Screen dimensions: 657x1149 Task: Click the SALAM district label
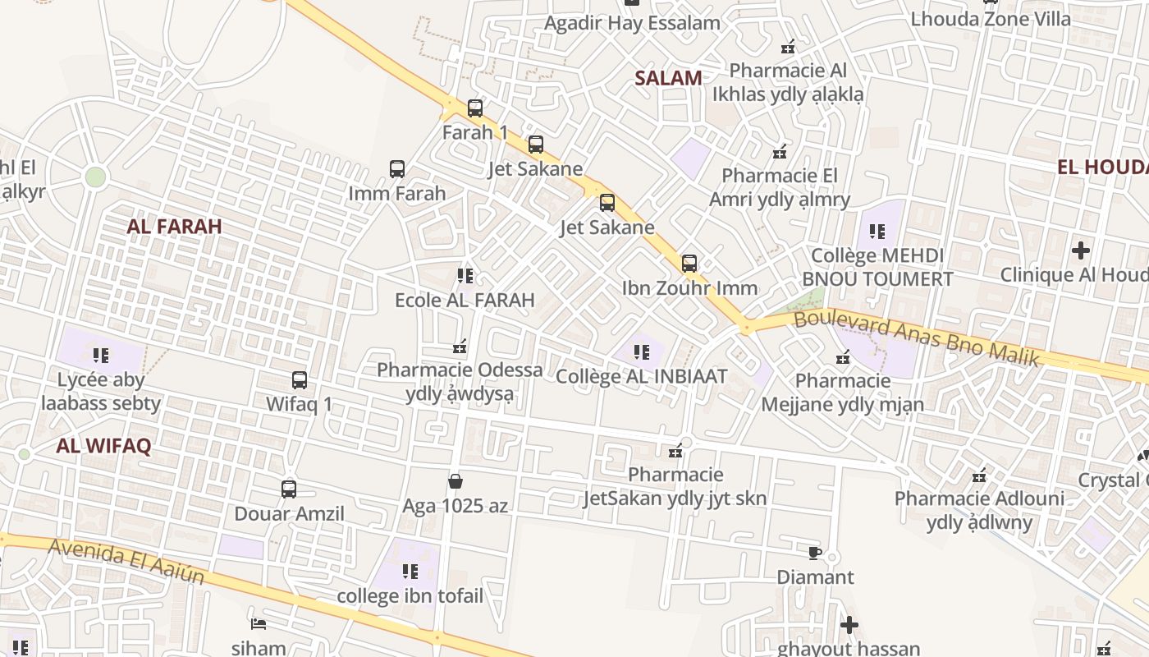pos(669,78)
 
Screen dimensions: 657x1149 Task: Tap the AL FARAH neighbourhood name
pos(174,227)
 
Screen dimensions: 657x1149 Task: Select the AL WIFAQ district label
pos(103,446)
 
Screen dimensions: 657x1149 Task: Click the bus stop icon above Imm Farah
pos(397,169)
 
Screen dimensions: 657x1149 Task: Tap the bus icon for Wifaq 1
pos(300,380)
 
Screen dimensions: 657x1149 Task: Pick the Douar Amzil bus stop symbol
pos(289,489)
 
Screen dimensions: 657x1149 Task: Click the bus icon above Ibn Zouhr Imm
pos(689,264)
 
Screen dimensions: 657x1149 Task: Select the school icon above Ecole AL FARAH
pos(465,276)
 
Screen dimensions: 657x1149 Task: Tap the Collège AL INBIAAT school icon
pos(642,352)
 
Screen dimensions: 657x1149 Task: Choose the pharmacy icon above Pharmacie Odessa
pos(460,347)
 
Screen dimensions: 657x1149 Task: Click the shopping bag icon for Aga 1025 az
pos(455,481)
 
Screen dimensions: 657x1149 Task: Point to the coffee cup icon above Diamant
pos(815,553)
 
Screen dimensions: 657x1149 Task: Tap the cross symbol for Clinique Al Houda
pos(1081,250)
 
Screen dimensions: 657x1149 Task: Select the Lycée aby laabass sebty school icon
pos(101,356)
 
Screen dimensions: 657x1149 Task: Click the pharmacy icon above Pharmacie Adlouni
pos(979,475)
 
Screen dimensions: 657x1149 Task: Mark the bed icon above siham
pos(259,624)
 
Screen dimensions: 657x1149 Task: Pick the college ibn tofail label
pos(410,595)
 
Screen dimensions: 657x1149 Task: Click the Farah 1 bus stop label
pos(475,132)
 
